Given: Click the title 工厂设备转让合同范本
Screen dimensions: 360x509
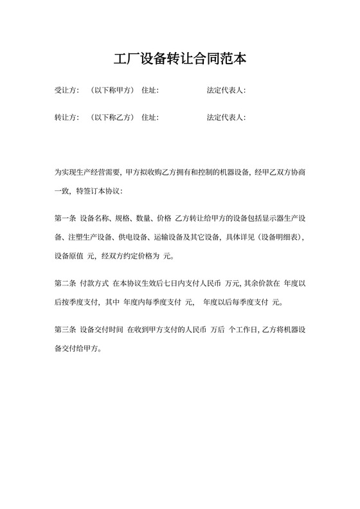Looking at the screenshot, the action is [x=179, y=59].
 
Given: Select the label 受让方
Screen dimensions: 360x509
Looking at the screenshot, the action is [x=66, y=91].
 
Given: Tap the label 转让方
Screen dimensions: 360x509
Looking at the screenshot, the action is [x=66, y=118].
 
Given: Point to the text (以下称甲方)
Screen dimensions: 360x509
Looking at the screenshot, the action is [x=113, y=91].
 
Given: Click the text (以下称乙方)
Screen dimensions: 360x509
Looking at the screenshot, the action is [x=113, y=118].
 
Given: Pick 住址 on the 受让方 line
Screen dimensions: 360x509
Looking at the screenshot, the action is [x=149, y=91].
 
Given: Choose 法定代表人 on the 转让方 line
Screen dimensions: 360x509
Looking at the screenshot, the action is [x=225, y=118].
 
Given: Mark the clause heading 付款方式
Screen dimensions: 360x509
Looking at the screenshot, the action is [x=94, y=283].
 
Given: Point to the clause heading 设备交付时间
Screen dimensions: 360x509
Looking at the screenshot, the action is [x=102, y=330].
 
